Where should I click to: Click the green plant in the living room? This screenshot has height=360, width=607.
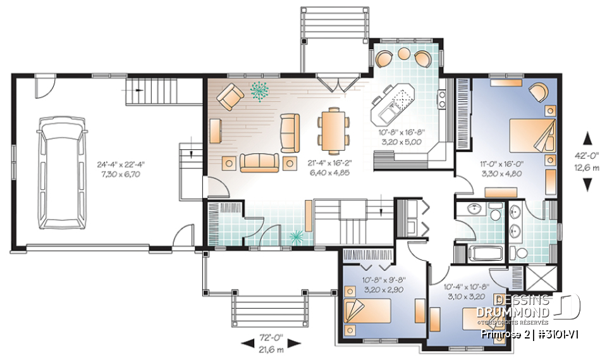point(259,92)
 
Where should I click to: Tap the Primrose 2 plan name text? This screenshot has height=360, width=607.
point(503,333)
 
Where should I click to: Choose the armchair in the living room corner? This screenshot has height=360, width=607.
point(231,97)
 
